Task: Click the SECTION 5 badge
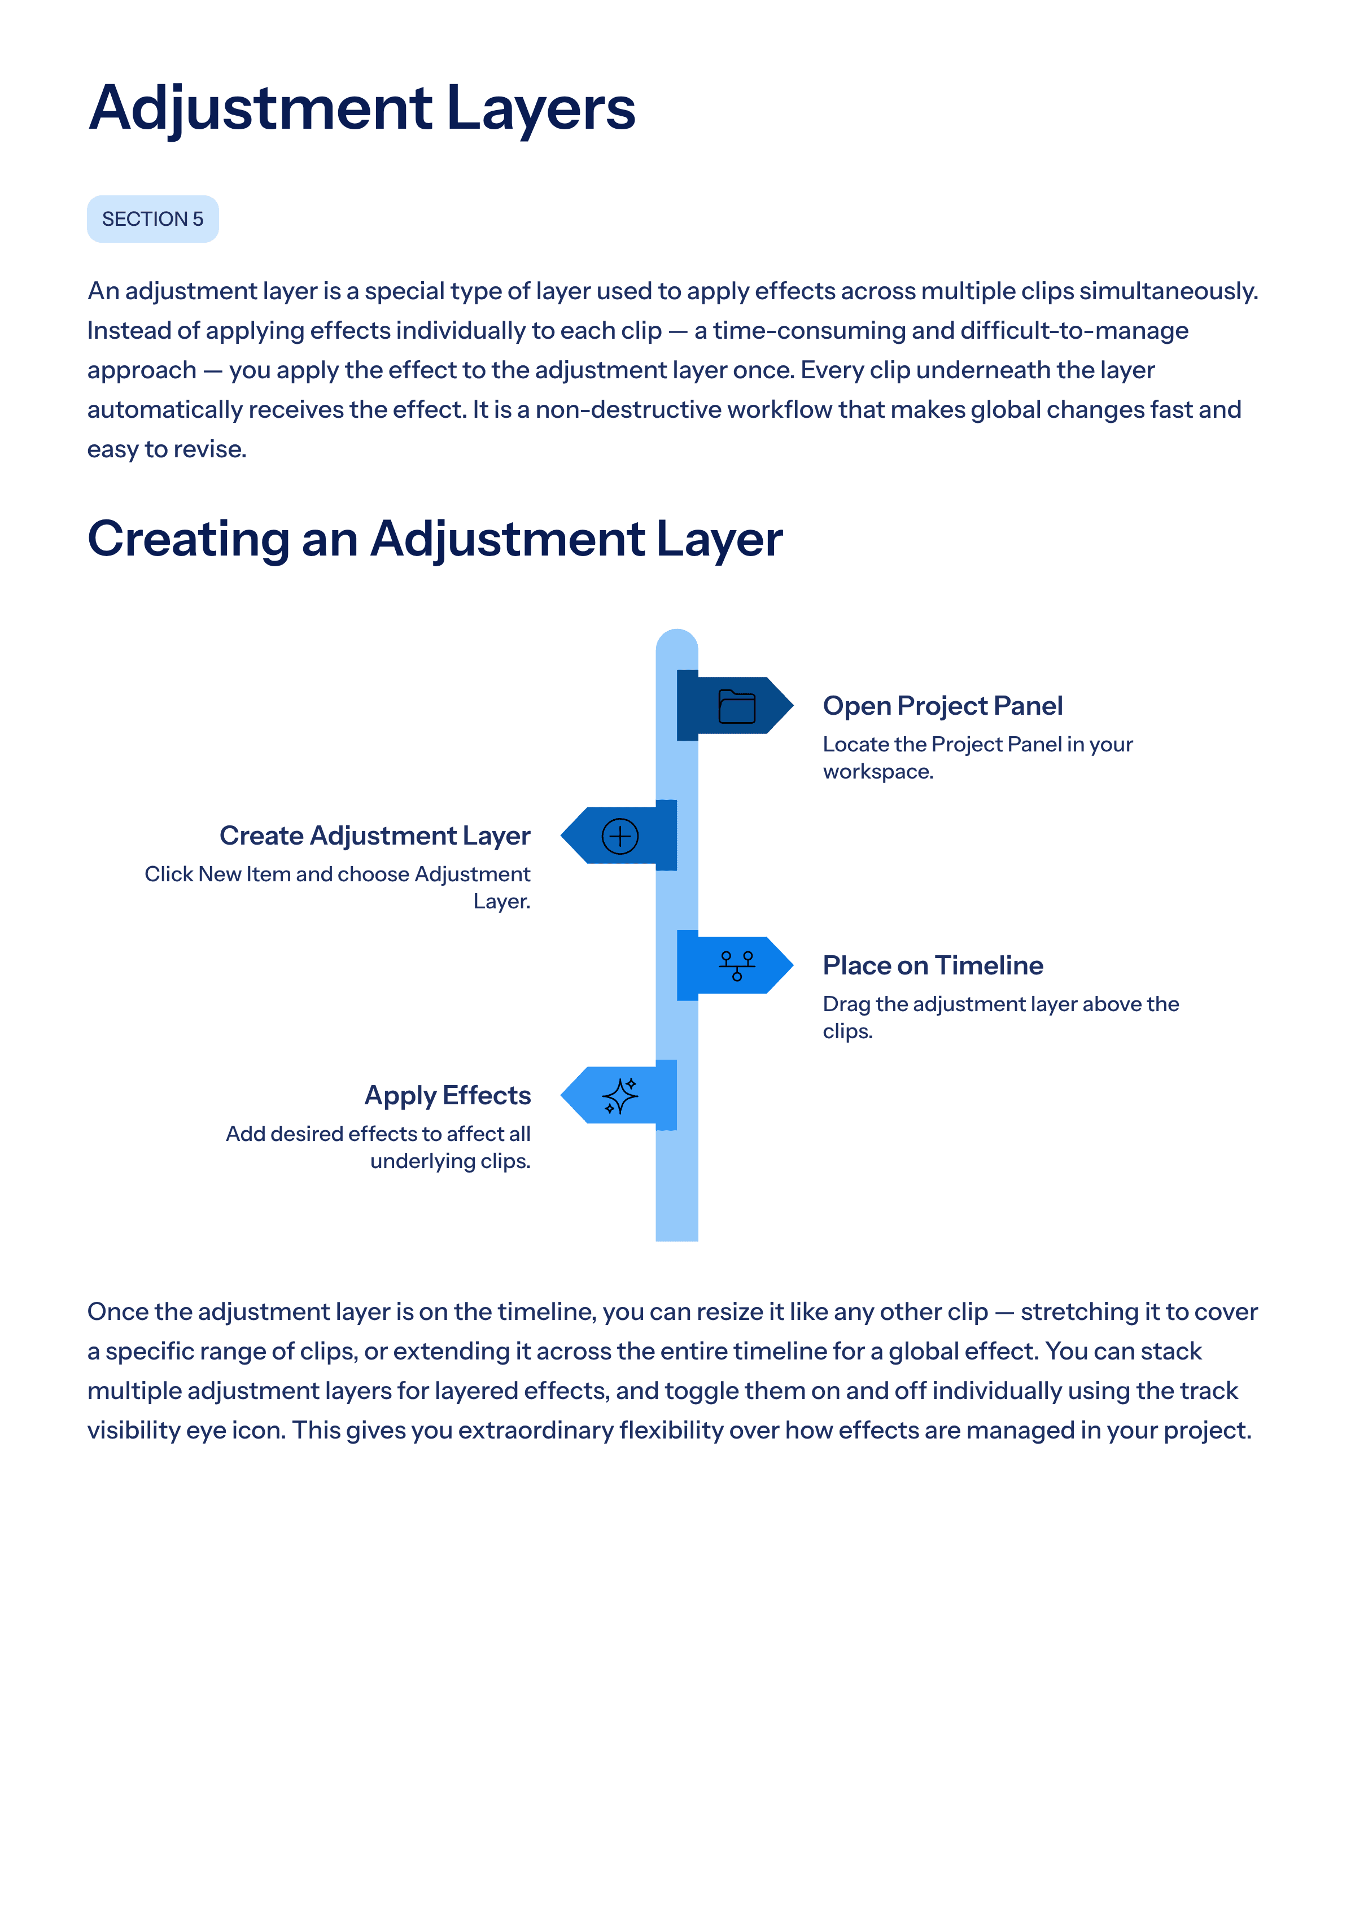152,220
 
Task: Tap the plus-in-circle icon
620,836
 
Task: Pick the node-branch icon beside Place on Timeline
737,965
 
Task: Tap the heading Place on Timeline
932,965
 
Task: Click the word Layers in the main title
541,108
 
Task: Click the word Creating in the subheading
188,539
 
